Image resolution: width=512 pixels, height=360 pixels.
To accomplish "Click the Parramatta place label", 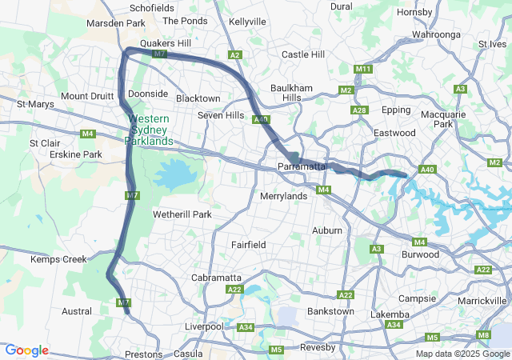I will (x=301, y=166).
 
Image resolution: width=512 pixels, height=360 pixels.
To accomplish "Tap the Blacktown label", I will (x=198, y=98).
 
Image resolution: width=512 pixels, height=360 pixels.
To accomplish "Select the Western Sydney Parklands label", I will (x=149, y=130).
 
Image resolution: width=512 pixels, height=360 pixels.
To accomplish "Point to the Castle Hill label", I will (x=303, y=54).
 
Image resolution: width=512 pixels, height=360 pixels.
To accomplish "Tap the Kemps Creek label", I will (x=58, y=259).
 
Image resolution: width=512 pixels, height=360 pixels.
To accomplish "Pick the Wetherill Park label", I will (x=182, y=214).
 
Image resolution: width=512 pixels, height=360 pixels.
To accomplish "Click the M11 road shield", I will (x=363, y=70).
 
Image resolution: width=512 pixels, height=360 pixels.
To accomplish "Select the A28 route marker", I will (x=359, y=110).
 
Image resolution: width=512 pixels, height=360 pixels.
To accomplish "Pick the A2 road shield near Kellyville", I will (x=234, y=55).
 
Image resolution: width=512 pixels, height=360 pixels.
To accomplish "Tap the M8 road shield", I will (x=483, y=334).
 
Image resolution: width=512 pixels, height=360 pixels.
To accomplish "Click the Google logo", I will (x=26, y=350).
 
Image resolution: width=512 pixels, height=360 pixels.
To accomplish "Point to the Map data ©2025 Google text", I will (x=462, y=354).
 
